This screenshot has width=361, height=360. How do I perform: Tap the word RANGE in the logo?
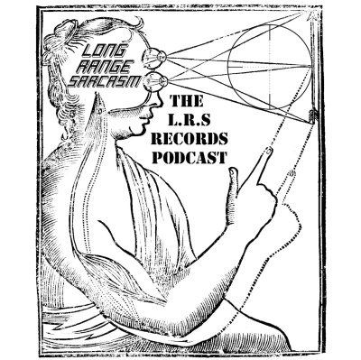pyautogui.click(x=102, y=68)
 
